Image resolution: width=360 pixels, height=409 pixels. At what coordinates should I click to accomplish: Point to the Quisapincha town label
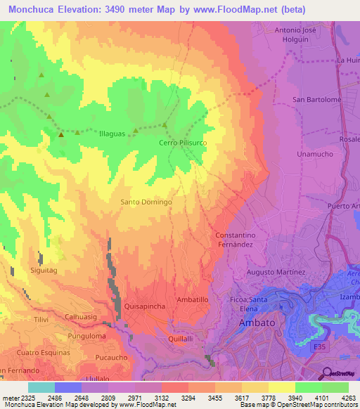145,306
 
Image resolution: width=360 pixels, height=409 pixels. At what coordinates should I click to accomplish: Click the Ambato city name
261,323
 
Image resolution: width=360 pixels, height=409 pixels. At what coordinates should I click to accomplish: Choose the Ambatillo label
191,299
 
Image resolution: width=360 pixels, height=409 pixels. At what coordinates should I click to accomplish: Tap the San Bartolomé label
316,100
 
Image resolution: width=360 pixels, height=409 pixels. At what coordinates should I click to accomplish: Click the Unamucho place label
316,154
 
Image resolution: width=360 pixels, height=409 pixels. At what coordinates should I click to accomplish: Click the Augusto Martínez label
276,272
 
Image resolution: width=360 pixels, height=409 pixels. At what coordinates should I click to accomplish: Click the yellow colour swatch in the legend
281,387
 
